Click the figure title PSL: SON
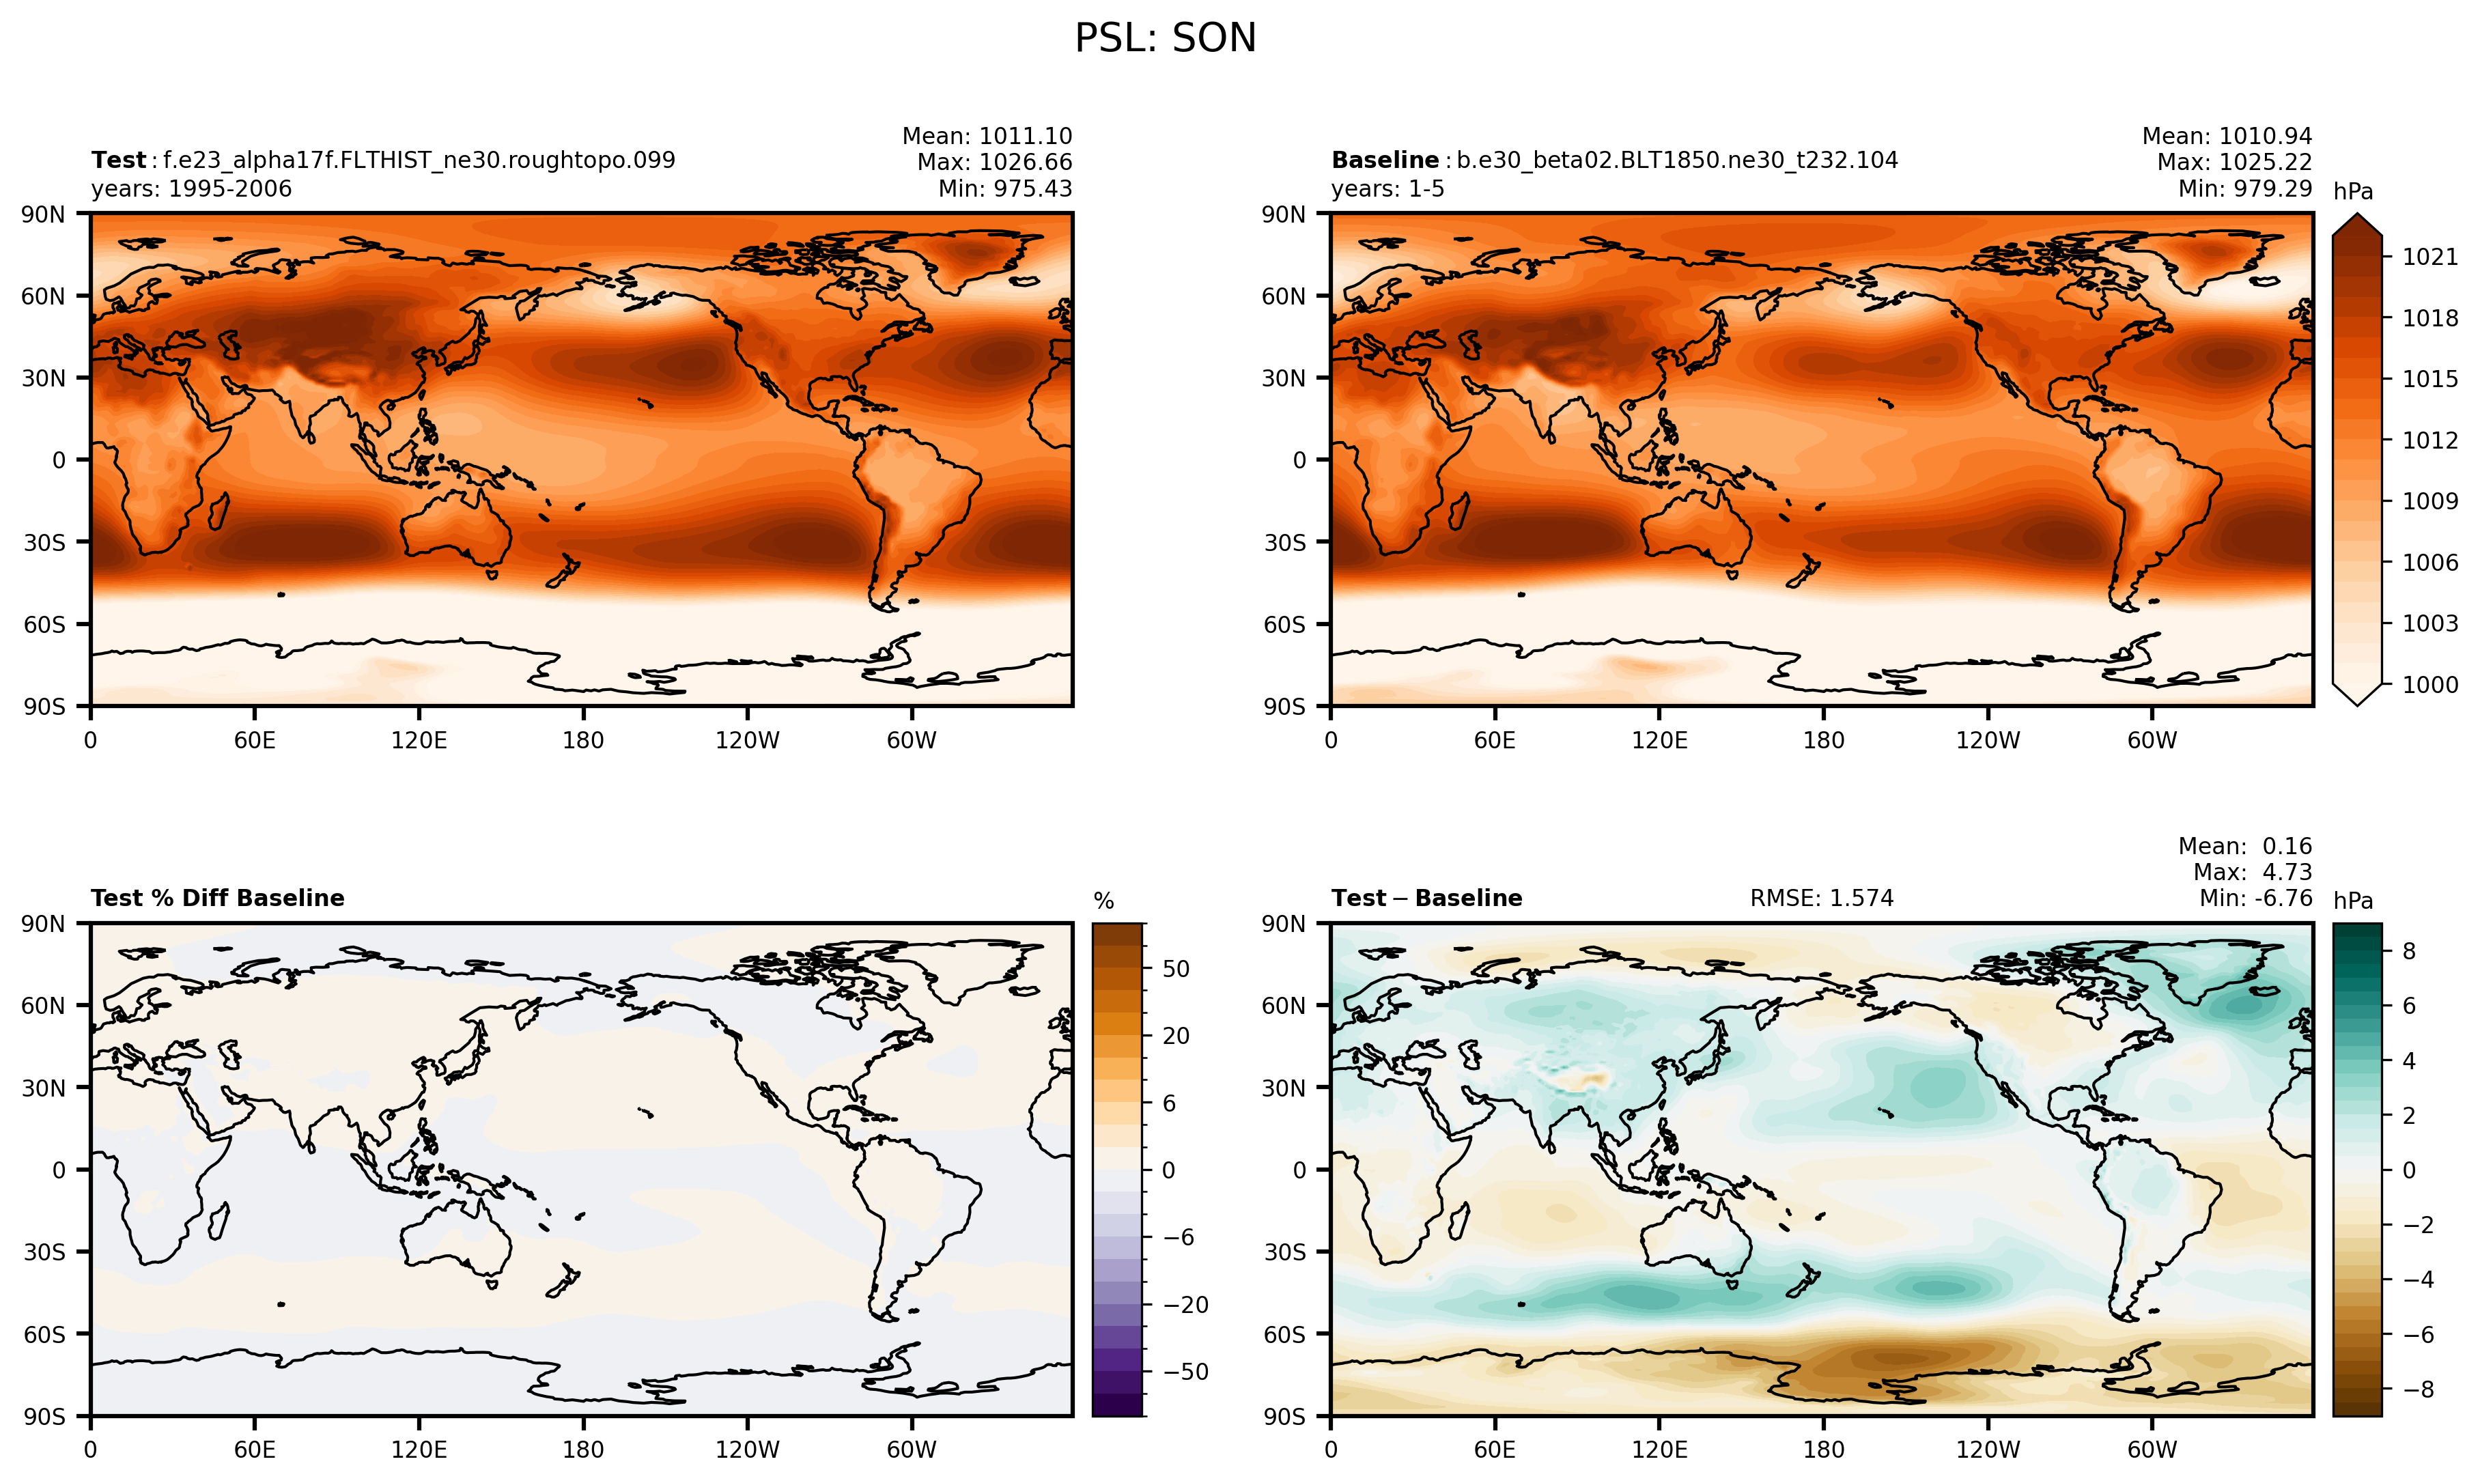click(1165, 39)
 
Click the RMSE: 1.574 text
click(1822, 899)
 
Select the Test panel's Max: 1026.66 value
click(994, 162)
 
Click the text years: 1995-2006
click(192, 189)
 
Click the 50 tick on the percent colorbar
click(1176, 968)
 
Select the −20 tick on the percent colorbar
click(1185, 1304)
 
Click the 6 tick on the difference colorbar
click(2408, 1005)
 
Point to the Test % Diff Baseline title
click(218, 899)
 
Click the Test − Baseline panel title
click(1427, 899)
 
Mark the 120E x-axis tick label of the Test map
click(419, 741)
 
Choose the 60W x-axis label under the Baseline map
click(2152, 741)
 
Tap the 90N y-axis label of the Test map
click(43, 214)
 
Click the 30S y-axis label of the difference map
click(1285, 1252)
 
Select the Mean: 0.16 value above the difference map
click(2245, 847)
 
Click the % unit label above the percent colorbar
click(1103, 901)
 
